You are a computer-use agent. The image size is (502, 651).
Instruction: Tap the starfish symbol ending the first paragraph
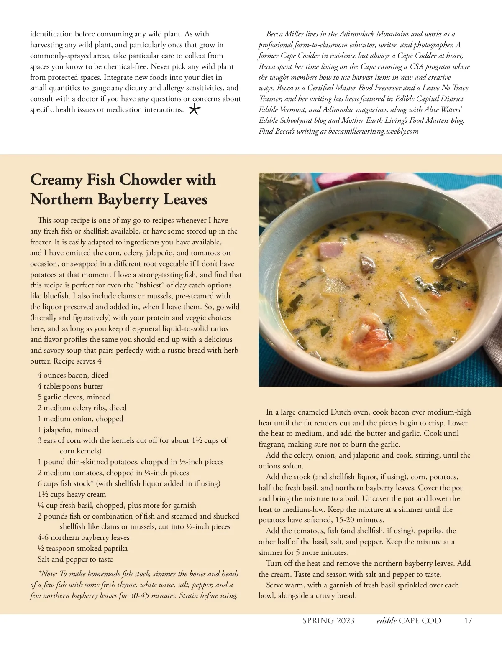click(194, 109)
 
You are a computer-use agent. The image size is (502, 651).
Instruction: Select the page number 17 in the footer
click(468, 620)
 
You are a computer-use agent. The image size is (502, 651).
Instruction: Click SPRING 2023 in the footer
click(328, 620)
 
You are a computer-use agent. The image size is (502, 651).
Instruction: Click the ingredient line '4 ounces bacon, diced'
click(73, 375)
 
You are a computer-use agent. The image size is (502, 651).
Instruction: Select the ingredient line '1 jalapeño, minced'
click(68, 430)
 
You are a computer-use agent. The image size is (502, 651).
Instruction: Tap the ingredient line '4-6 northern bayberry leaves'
click(83, 537)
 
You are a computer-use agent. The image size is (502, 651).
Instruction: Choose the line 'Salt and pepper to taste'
click(75, 559)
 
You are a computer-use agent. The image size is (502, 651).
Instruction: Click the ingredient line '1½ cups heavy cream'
click(72, 494)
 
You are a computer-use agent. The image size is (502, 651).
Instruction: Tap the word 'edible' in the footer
click(386, 620)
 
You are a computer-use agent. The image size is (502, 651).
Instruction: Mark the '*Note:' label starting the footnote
click(48, 574)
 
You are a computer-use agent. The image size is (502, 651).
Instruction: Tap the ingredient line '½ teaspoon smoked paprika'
click(82, 548)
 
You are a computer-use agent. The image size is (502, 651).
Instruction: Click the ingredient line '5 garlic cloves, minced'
click(74, 397)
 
